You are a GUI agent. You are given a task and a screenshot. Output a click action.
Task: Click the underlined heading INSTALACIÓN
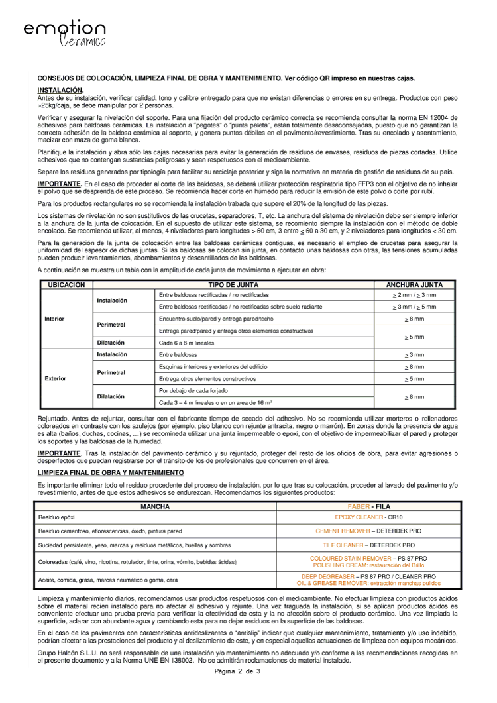(60, 89)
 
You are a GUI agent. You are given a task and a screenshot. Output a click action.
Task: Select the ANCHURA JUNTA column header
(414, 284)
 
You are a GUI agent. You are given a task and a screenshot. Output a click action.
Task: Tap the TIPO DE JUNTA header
(233, 284)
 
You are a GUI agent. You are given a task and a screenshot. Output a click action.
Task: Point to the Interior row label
(54, 319)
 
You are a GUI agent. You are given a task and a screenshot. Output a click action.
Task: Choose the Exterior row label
(55, 378)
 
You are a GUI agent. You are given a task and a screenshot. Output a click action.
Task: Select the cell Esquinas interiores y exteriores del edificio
(207, 366)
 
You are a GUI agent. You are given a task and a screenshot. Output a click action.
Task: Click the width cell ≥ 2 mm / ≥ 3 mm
(414, 295)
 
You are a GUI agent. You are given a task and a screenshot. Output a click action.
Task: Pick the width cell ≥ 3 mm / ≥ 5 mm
(414, 307)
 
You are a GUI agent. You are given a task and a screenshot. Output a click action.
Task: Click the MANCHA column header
(155, 506)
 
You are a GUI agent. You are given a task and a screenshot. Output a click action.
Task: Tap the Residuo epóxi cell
(58, 517)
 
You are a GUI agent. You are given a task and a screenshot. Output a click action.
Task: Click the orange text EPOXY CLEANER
(359, 517)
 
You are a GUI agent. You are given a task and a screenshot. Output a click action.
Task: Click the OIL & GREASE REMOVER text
(331, 584)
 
